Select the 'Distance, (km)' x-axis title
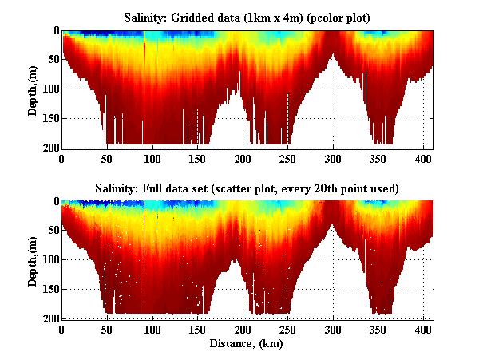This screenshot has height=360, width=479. pyautogui.click(x=247, y=344)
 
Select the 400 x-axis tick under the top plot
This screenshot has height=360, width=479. pyautogui.click(x=424, y=158)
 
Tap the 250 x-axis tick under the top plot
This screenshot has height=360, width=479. pyautogui.click(x=288, y=158)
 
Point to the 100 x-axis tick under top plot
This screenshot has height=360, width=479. pyautogui.click(x=152, y=158)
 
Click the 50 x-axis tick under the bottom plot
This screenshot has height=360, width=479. pyautogui.click(x=107, y=329)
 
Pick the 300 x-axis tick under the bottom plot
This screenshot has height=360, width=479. pyautogui.click(x=334, y=329)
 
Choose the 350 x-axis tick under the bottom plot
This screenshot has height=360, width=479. pyautogui.click(x=378, y=329)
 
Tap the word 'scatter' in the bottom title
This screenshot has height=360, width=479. pyautogui.click(x=299, y=188)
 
